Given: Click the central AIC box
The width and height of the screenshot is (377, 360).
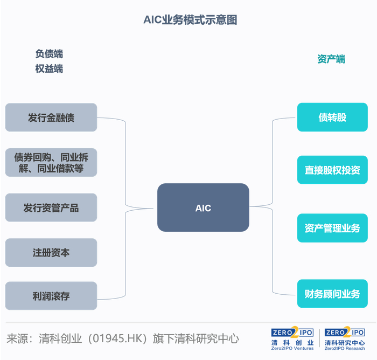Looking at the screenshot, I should click(x=203, y=208).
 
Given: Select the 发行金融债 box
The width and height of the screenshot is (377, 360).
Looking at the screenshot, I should click(x=51, y=117).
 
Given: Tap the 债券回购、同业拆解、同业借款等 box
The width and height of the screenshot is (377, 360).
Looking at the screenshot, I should click(x=51, y=163).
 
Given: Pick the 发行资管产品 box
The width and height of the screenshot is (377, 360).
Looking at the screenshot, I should click(x=51, y=207).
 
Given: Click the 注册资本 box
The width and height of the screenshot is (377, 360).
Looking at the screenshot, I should click(x=51, y=252).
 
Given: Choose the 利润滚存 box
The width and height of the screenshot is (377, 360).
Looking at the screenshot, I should click(x=51, y=296).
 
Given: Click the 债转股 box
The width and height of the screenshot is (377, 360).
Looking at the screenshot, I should click(x=332, y=117).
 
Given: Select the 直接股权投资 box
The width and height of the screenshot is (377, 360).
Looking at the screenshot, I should click(x=332, y=170).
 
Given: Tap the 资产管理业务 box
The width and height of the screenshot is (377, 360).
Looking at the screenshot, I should click(x=332, y=227).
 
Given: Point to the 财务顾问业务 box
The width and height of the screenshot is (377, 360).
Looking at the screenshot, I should click(x=332, y=294).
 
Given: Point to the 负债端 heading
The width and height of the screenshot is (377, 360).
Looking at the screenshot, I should click(x=49, y=54).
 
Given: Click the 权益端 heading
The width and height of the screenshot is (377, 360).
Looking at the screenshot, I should click(x=49, y=68).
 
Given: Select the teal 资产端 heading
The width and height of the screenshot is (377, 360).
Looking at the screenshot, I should click(x=331, y=59).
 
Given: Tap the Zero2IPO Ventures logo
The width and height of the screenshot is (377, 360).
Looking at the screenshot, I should click(x=292, y=339).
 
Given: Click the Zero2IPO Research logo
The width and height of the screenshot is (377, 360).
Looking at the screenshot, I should click(x=345, y=339).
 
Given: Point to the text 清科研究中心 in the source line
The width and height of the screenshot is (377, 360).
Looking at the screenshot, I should click(x=208, y=339).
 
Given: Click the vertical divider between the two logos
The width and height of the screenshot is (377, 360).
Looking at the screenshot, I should click(x=319, y=338).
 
